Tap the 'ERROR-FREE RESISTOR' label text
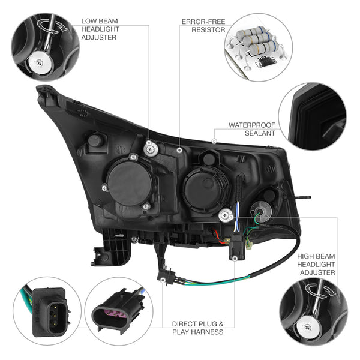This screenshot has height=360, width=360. click(203, 25)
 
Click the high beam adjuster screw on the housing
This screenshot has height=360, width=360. click(226, 212)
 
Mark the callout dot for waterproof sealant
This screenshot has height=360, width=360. click(215, 141)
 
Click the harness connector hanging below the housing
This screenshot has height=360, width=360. click(163, 277)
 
